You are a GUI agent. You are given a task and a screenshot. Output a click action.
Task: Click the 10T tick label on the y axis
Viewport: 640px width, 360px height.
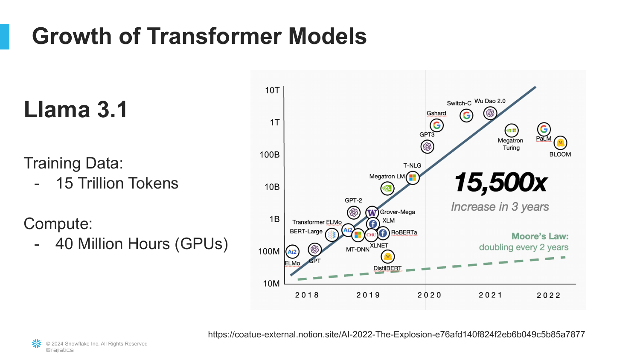(272, 90)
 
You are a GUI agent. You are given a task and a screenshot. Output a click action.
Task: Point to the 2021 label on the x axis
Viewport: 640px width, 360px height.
(490, 295)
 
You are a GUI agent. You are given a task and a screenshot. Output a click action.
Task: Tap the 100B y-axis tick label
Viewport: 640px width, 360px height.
(270, 155)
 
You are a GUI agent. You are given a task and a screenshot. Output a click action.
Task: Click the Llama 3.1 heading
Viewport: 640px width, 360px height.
(76, 110)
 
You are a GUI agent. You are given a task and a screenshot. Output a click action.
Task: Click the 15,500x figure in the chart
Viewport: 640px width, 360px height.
(500, 183)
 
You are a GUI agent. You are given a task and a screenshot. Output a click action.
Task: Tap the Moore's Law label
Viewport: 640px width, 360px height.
(540, 236)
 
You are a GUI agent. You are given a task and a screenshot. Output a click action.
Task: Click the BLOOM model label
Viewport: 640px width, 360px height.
(560, 154)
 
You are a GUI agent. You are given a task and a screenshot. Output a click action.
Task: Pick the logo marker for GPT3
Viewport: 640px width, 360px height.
(427, 147)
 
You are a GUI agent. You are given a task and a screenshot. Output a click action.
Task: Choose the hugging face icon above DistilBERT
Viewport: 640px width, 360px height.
(387, 257)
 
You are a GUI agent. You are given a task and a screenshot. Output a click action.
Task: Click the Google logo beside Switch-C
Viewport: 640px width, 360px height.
(466, 115)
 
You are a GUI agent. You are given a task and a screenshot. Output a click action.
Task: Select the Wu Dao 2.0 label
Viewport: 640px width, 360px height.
(490, 101)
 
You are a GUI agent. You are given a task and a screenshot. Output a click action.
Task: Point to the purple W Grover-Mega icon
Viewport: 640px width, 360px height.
(372, 212)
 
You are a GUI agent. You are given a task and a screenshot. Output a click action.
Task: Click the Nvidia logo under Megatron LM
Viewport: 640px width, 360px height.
(387, 188)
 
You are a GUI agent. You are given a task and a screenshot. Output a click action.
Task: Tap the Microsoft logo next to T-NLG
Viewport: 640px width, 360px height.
(413, 178)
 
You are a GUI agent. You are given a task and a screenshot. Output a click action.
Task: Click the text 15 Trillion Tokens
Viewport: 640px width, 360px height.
(117, 183)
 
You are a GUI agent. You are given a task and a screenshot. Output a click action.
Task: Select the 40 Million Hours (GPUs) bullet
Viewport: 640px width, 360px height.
(142, 244)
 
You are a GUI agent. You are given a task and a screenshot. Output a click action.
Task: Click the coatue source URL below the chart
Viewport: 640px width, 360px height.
(396, 334)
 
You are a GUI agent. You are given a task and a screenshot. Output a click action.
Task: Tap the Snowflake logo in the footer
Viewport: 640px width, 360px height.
(37, 343)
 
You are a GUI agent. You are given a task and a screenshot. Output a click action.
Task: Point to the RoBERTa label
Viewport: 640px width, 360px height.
(404, 232)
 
